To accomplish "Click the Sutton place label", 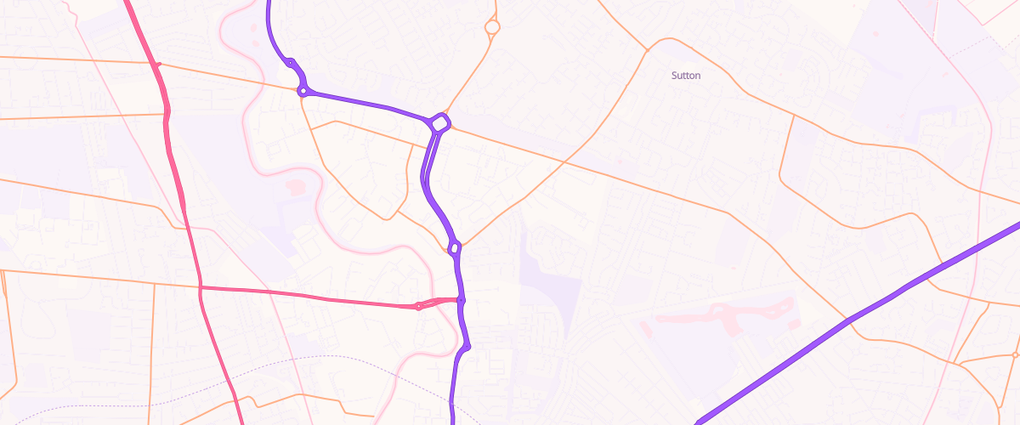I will (x=686, y=76).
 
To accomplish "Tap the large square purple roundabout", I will (x=439, y=123).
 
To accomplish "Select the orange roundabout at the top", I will (x=491, y=28).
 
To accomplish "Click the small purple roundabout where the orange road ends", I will (x=302, y=91).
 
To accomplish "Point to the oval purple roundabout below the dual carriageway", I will (x=455, y=248).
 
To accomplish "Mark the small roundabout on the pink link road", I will (x=418, y=306).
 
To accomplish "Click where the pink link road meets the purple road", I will (x=460, y=300).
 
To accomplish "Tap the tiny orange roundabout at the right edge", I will (x=1016, y=354).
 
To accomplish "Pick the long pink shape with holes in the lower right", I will (x=722, y=315).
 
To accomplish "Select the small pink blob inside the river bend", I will (x=294, y=186).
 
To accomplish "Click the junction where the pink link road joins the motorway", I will (x=201, y=288).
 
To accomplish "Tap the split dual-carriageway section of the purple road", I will (x=430, y=170).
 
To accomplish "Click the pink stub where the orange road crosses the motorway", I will (x=158, y=65).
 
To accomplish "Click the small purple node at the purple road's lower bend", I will (x=467, y=347).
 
